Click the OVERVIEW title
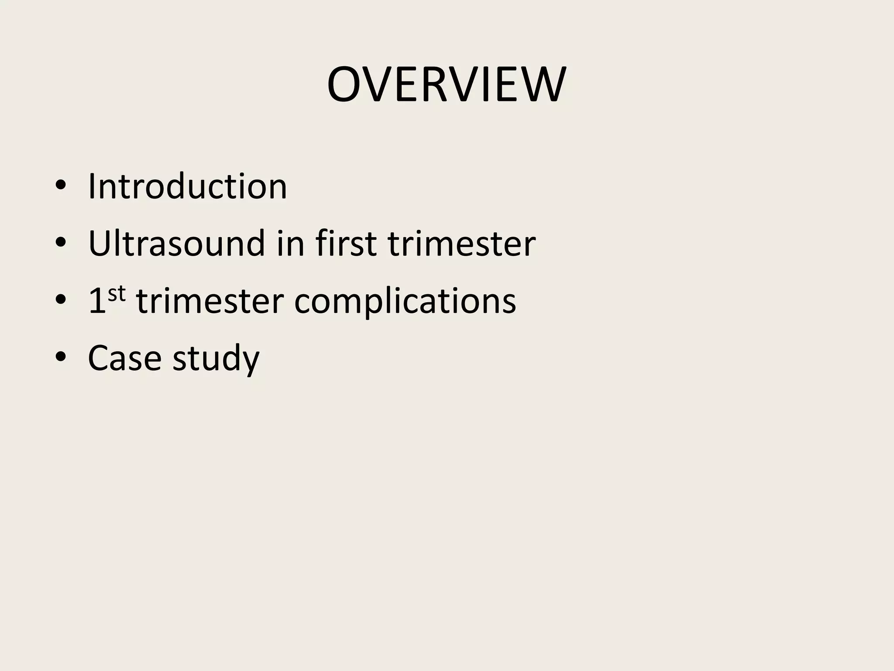coord(447,85)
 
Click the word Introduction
coord(187,187)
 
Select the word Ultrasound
coord(176,243)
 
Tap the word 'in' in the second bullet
coord(290,243)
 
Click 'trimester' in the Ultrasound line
coord(461,243)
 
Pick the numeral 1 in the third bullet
coord(97,301)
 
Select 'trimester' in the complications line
coord(210,301)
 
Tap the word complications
coord(405,301)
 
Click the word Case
coord(125,358)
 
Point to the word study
coord(216,358)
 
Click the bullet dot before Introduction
coord(61,187)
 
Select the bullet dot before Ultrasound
coord(61,244)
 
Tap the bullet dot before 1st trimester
coord(61,301)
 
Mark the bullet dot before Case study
coord(61,358)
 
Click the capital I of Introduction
coord(92,187)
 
